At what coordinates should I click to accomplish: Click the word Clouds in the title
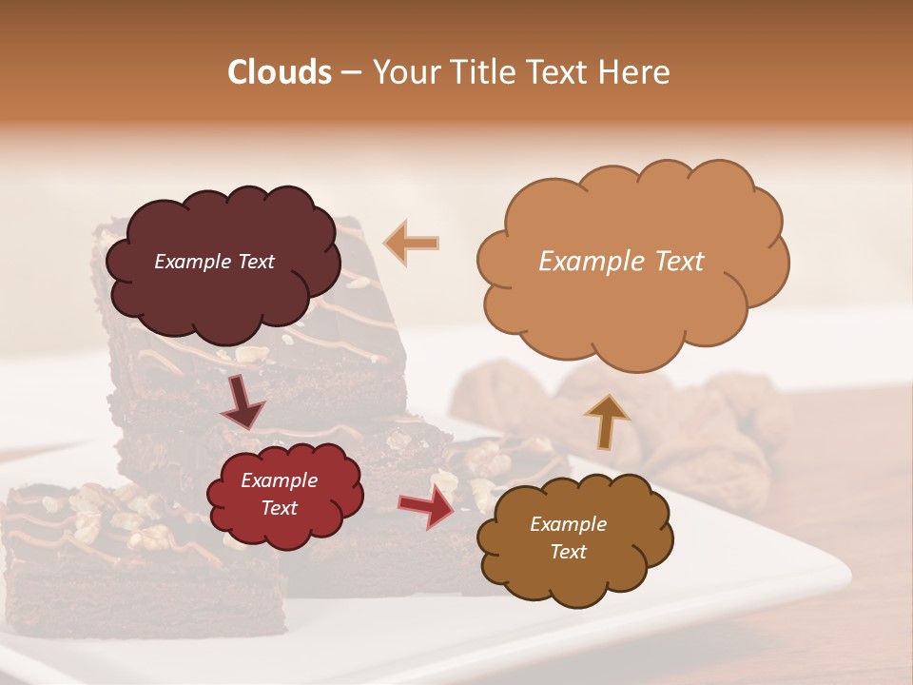pos(280,72)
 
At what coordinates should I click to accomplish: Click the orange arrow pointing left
pos(412,243)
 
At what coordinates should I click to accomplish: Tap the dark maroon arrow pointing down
pos(243,401)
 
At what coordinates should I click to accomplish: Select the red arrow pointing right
pos(427,505)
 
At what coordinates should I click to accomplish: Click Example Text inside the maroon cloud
pos(214,262)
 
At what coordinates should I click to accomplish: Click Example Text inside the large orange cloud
pos(621,262)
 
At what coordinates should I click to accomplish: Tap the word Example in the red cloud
pos(279,480)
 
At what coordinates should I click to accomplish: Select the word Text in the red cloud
pos(279,508)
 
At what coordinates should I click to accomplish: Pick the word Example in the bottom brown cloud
pos(568,524)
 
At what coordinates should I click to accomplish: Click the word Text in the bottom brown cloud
pos(568,552)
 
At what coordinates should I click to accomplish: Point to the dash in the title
pos(350,73)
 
